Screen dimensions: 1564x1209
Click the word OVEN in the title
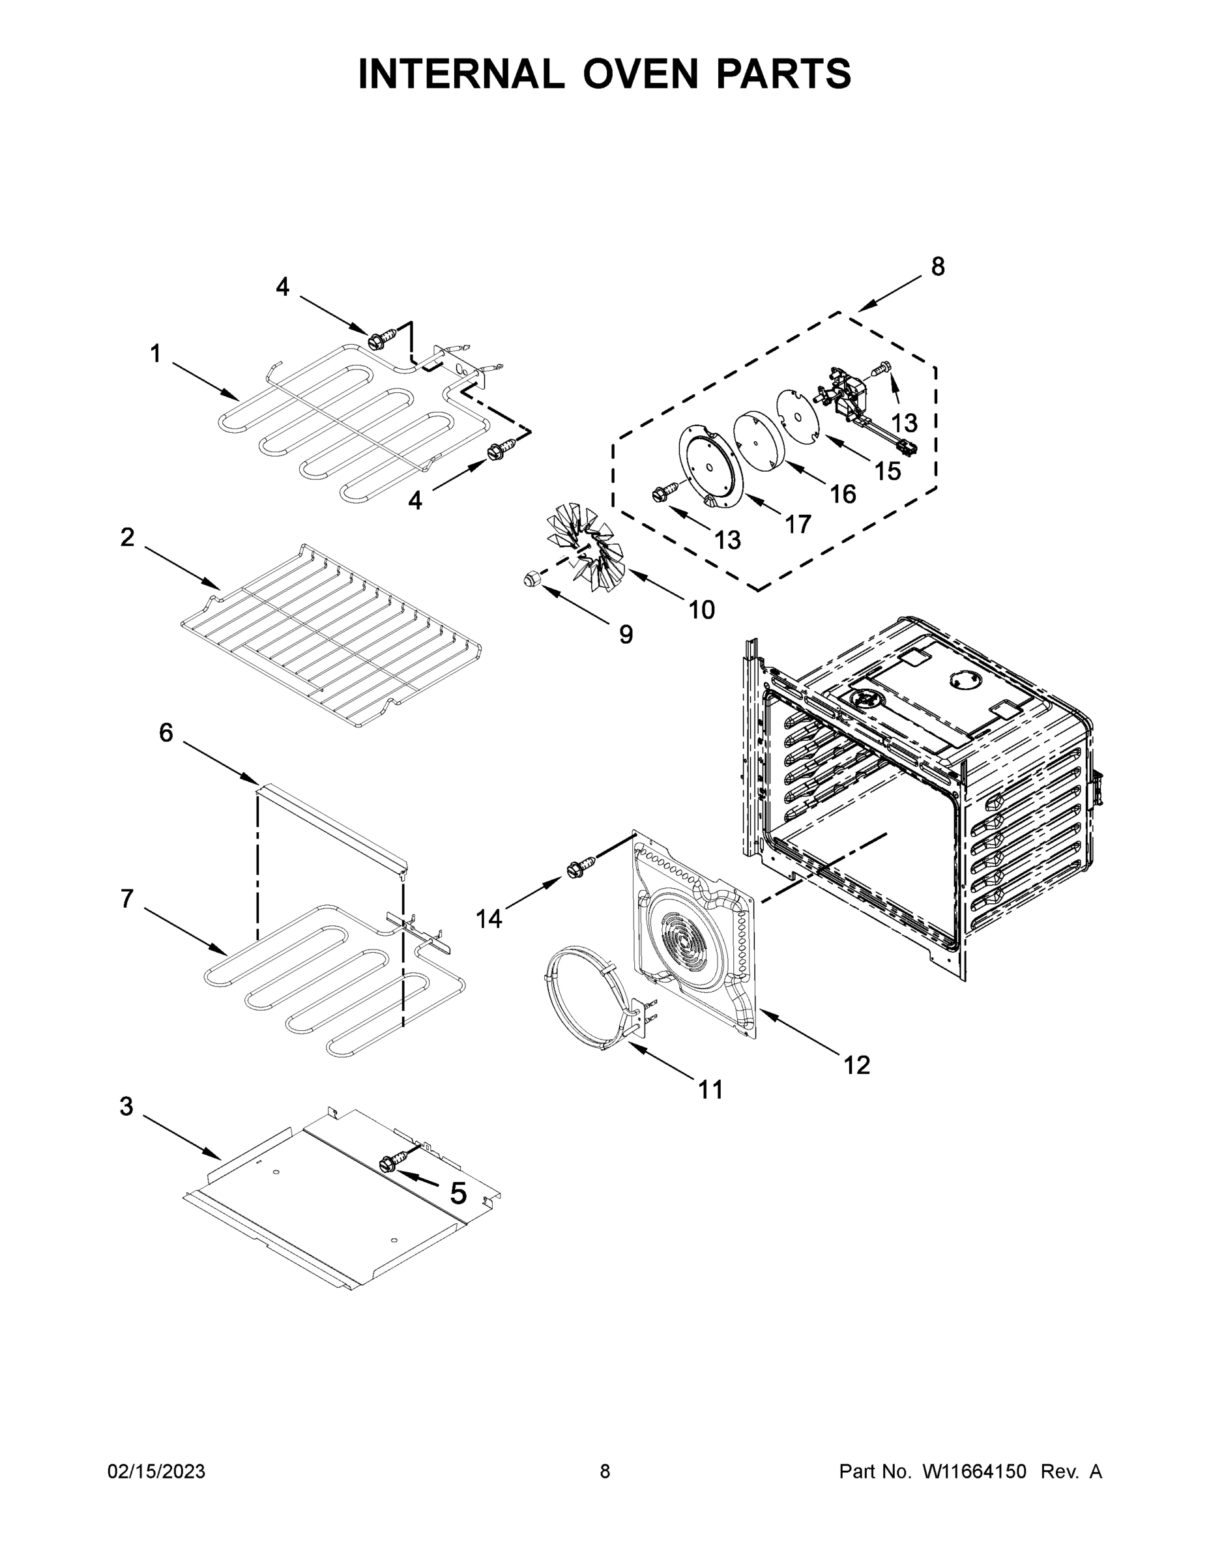point(639,74)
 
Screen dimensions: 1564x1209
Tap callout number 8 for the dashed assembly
point(938,267)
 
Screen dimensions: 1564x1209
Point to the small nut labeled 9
point(531,577)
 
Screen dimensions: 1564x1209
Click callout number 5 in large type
point(458,1193)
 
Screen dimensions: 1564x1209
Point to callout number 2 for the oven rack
point(127,537)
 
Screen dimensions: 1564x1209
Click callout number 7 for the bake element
point(127,898)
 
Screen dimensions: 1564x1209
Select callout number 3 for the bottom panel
point(126,1107)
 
